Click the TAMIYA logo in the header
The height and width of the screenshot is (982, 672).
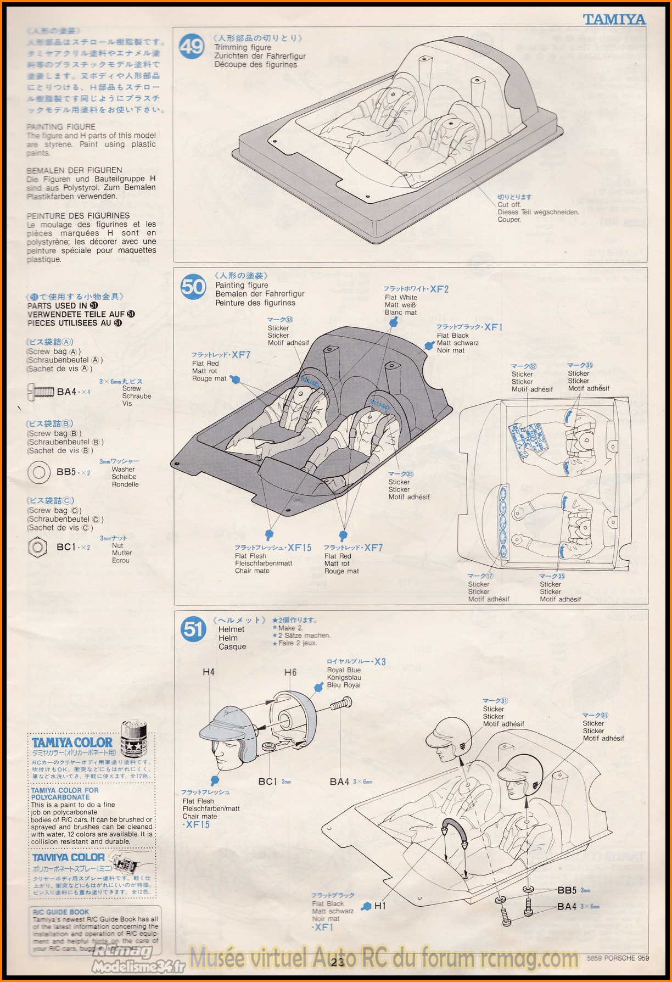click(614, 20)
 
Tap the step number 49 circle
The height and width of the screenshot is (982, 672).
click(192, 47)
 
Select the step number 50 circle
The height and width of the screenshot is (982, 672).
click(193, 287)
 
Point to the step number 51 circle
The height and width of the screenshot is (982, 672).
click(193, 629)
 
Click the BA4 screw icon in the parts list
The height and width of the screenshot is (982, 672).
click(40, 392)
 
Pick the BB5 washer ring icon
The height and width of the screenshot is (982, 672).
click(38, 472)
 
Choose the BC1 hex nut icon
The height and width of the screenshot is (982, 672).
click(37, 547)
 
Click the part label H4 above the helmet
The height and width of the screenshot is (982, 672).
click(209, 672)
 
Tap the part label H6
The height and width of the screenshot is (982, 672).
click(290, 672)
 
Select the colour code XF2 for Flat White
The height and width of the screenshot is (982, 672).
click(439, 289)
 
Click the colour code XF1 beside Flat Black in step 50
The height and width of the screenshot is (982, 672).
click(493, 327)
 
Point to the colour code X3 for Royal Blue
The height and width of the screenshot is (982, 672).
click(380, 662)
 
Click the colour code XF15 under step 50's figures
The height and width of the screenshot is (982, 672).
click(299, 548)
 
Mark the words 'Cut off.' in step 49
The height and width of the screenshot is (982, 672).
click(509, 204)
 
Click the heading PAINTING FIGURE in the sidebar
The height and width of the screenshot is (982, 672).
click(61, 127)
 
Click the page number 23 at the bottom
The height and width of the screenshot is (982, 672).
click(338, 961)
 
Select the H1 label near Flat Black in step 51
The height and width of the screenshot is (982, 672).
click(380, 906)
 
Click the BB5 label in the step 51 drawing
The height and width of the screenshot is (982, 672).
click(567, 890)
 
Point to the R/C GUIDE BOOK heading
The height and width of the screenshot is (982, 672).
click(60, 912)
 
